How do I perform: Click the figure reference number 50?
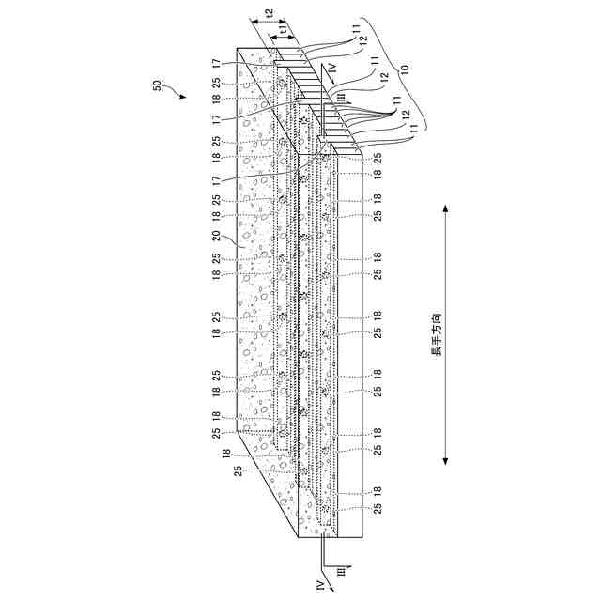click(x=156, y=86)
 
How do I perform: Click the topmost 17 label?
click(x=217, y=63)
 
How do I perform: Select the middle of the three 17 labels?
click(x=217, y=119)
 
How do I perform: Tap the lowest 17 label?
click(x=217, y=178)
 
